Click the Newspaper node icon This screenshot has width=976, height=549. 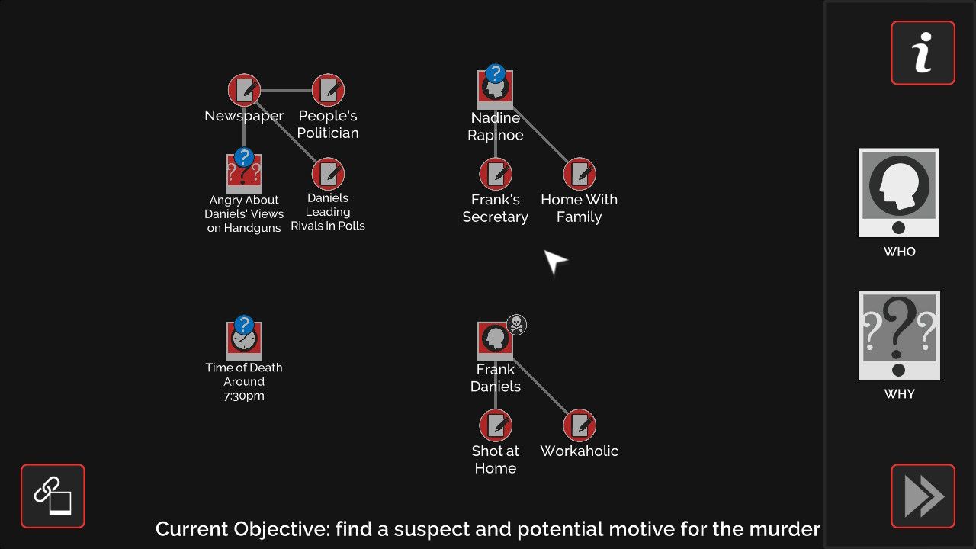pyautogui.click(x=244, y=90)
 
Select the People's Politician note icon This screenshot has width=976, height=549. pyautogui.click(x=328, y=90)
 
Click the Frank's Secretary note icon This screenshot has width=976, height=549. pyautogui.click(x=496, y=174)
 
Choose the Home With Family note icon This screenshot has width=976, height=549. pyautogui.click(x=579, y=174)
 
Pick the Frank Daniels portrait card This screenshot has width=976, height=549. pyautogui.click(x=496, y=341)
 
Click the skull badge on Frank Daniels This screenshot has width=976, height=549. pyautogui.click(x=516, y=325)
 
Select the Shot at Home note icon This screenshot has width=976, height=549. pyautogui.click(x=496, y=425)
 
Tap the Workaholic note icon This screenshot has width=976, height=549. pyautogui.click(x=579, y=425)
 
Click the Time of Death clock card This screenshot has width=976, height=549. pyautogui.click(x=244, y=340)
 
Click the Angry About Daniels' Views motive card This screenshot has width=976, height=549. pyautogui.click(x=244, y=174)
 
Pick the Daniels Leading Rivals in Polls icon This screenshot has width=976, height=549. pyautogui.click(x=328, y=174)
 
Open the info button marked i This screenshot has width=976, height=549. pyautogui.click(x=923, y=53)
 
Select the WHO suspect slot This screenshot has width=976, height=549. pyautogui.click(x=899, y=193)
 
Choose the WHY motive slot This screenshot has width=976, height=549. pyautogui.click(x=899, y=335)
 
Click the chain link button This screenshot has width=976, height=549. pyautogui.click(x=53, y=496)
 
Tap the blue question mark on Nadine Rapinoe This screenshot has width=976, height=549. pyautogui.click(x=496, y=74)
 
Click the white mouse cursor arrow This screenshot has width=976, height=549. pyautogui.click(x=554, y=261)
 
